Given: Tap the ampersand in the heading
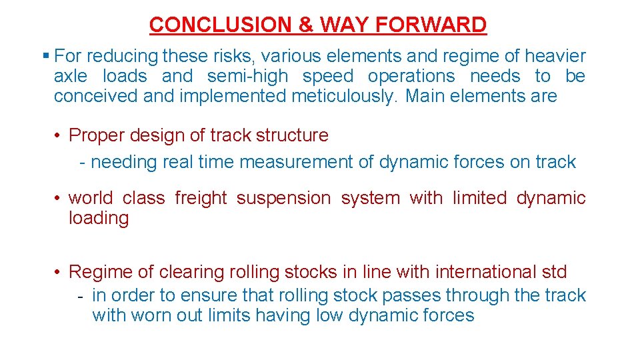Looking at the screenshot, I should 306,25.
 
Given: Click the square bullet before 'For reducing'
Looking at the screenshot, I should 46,56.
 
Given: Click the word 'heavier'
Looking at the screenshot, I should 555,56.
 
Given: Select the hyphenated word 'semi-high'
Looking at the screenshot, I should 247,76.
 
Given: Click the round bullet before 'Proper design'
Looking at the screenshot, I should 59,135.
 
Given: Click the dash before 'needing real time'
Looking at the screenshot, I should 81,162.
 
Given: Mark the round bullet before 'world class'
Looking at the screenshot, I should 59,198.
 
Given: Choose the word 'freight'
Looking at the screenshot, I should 201,198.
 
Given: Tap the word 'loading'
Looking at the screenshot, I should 99,218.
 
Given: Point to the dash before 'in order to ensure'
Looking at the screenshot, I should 81,295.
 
